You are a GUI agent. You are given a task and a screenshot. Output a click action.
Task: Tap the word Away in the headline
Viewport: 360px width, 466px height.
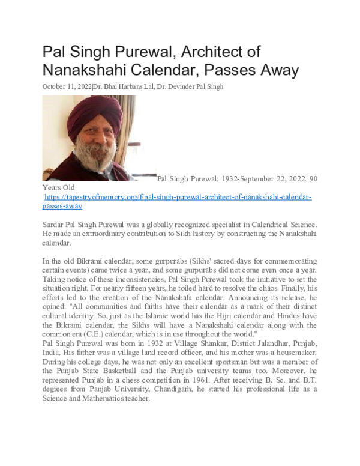[x=276, y=70]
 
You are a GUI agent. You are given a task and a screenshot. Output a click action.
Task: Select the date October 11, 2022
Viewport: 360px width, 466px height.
[x=67, y=86]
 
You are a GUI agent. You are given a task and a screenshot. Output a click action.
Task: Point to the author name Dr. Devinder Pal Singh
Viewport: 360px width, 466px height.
[x=190, y=86]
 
